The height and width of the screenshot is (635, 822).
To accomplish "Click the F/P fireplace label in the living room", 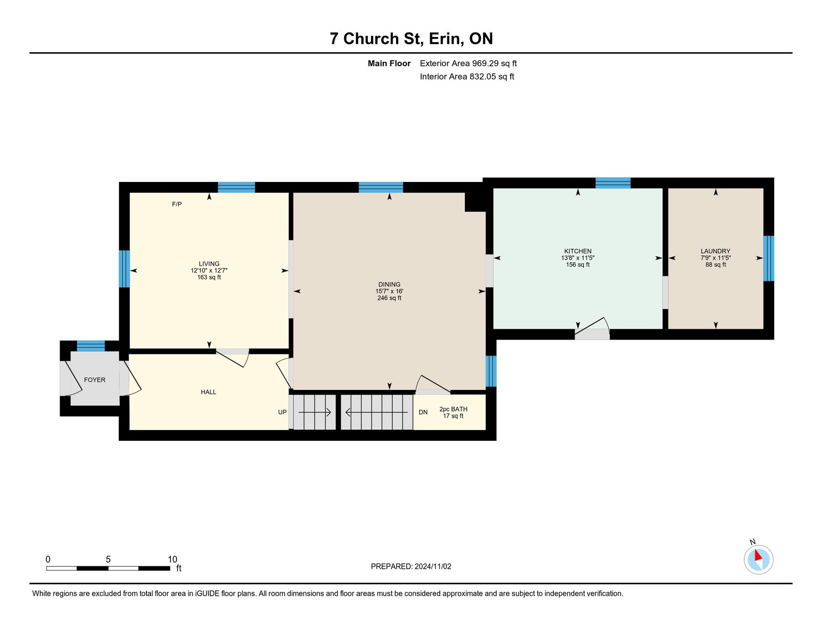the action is pyautogui.click(x=177, y=204).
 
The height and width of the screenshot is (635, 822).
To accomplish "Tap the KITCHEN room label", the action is pyautogui.click(x=577, y=251).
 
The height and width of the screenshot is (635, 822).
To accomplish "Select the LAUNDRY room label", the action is pyautogui.click(x=715, y=251).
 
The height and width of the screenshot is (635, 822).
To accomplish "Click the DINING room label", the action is pyautogui.click(x=389, y=285).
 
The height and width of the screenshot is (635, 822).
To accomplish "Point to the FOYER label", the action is pyautogui.click(x=95, y=380).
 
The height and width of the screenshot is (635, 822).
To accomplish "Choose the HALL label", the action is pyautogui.click(x=209, y=392).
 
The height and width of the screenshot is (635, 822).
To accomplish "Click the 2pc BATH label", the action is pyautogui.click(x=453, y=409).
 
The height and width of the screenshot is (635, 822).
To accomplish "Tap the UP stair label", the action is pyautogui.click(x=282, y=412).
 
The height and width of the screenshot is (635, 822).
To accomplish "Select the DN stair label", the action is pyautogui.click(x=423, y=412).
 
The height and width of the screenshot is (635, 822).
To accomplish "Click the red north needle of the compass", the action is pyautogui.click(x=758, y=555).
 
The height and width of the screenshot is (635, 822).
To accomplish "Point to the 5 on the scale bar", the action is pyautogui.click(x=108, y=559).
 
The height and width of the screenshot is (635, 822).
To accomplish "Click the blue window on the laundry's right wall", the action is pyautogui.click(x=769, y=258).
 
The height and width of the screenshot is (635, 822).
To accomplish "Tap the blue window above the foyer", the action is pyautogui.click(x=91, y=346).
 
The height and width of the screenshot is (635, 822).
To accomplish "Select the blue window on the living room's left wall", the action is pyautogui.click(x=124, y=269).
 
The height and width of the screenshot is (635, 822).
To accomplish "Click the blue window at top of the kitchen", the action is pyautogui.click(x=613, y=183).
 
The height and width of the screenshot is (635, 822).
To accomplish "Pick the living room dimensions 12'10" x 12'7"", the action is pyautogui.click(x=209, y=271).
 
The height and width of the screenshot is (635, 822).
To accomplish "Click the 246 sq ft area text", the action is pyautogui.click(x=389, y=298).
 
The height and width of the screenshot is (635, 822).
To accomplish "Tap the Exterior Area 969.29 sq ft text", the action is pyautogui.click(x=469, y=63).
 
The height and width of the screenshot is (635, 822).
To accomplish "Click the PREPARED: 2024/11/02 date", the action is pyautogui.click(x=411, y=566).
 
